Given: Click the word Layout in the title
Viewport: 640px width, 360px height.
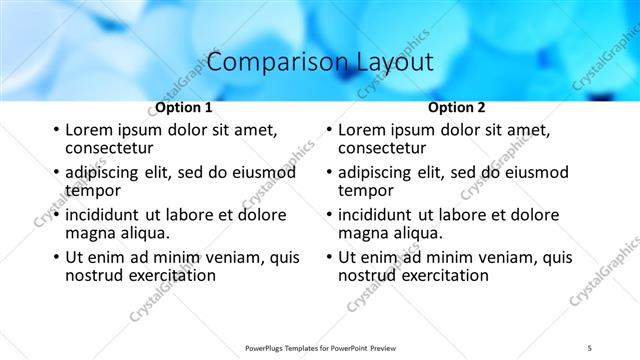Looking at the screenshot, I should coord(394,62).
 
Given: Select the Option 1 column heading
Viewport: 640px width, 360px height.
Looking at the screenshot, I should coord(184,107).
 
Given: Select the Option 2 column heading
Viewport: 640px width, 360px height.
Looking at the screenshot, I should coord(457,107).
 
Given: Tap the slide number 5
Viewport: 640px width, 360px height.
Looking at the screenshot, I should coord(590,347).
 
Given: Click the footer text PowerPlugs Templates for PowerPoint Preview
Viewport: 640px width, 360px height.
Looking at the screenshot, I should coord(319,347).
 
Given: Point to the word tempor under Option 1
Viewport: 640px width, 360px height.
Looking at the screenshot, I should coord(93,191).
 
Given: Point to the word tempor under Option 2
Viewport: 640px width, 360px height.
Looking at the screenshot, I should coord(366,191).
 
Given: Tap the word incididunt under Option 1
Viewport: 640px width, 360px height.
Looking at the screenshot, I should coord(105,215).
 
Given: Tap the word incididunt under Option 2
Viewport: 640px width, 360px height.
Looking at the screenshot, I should coord(378,215).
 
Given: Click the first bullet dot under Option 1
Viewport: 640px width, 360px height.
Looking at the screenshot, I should coord(56,131).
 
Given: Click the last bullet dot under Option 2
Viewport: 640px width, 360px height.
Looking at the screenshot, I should coord(329,257).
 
